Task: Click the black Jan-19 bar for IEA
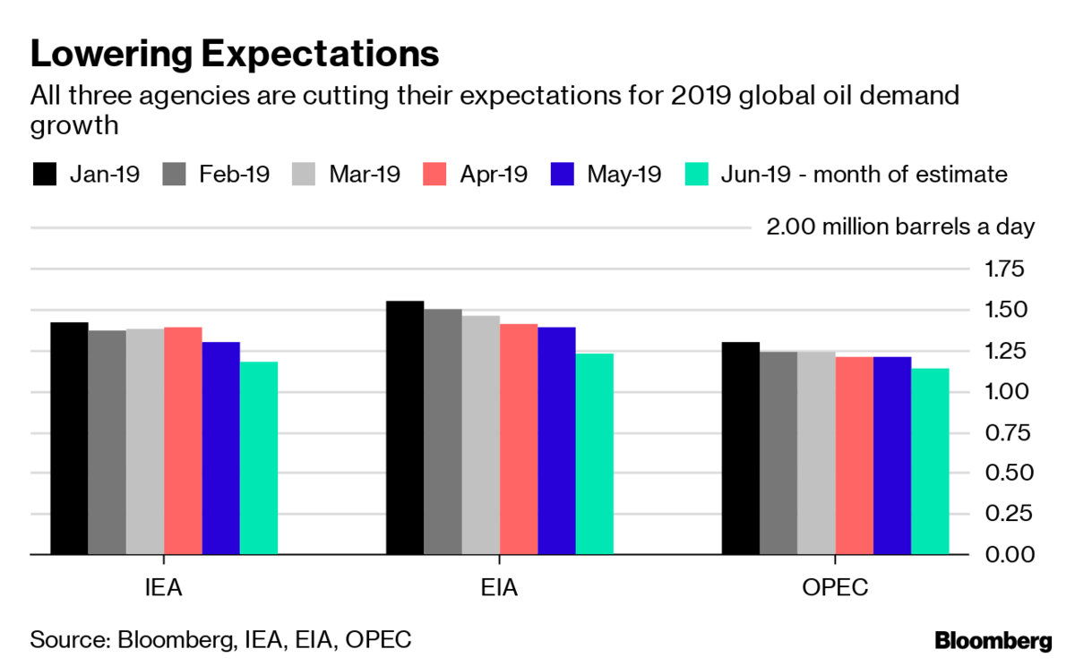69,438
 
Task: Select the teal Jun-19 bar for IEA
259,457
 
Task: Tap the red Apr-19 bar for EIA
519,439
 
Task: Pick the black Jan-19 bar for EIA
405,427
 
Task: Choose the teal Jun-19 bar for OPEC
930,461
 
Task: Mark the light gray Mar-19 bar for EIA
481,434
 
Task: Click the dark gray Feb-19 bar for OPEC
778,452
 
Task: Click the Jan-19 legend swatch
44,174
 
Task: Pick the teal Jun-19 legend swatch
697,174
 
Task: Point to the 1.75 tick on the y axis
1010,269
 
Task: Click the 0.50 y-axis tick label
1010,473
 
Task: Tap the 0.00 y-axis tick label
1010,554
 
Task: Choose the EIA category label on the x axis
500,589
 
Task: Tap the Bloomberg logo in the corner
993,641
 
